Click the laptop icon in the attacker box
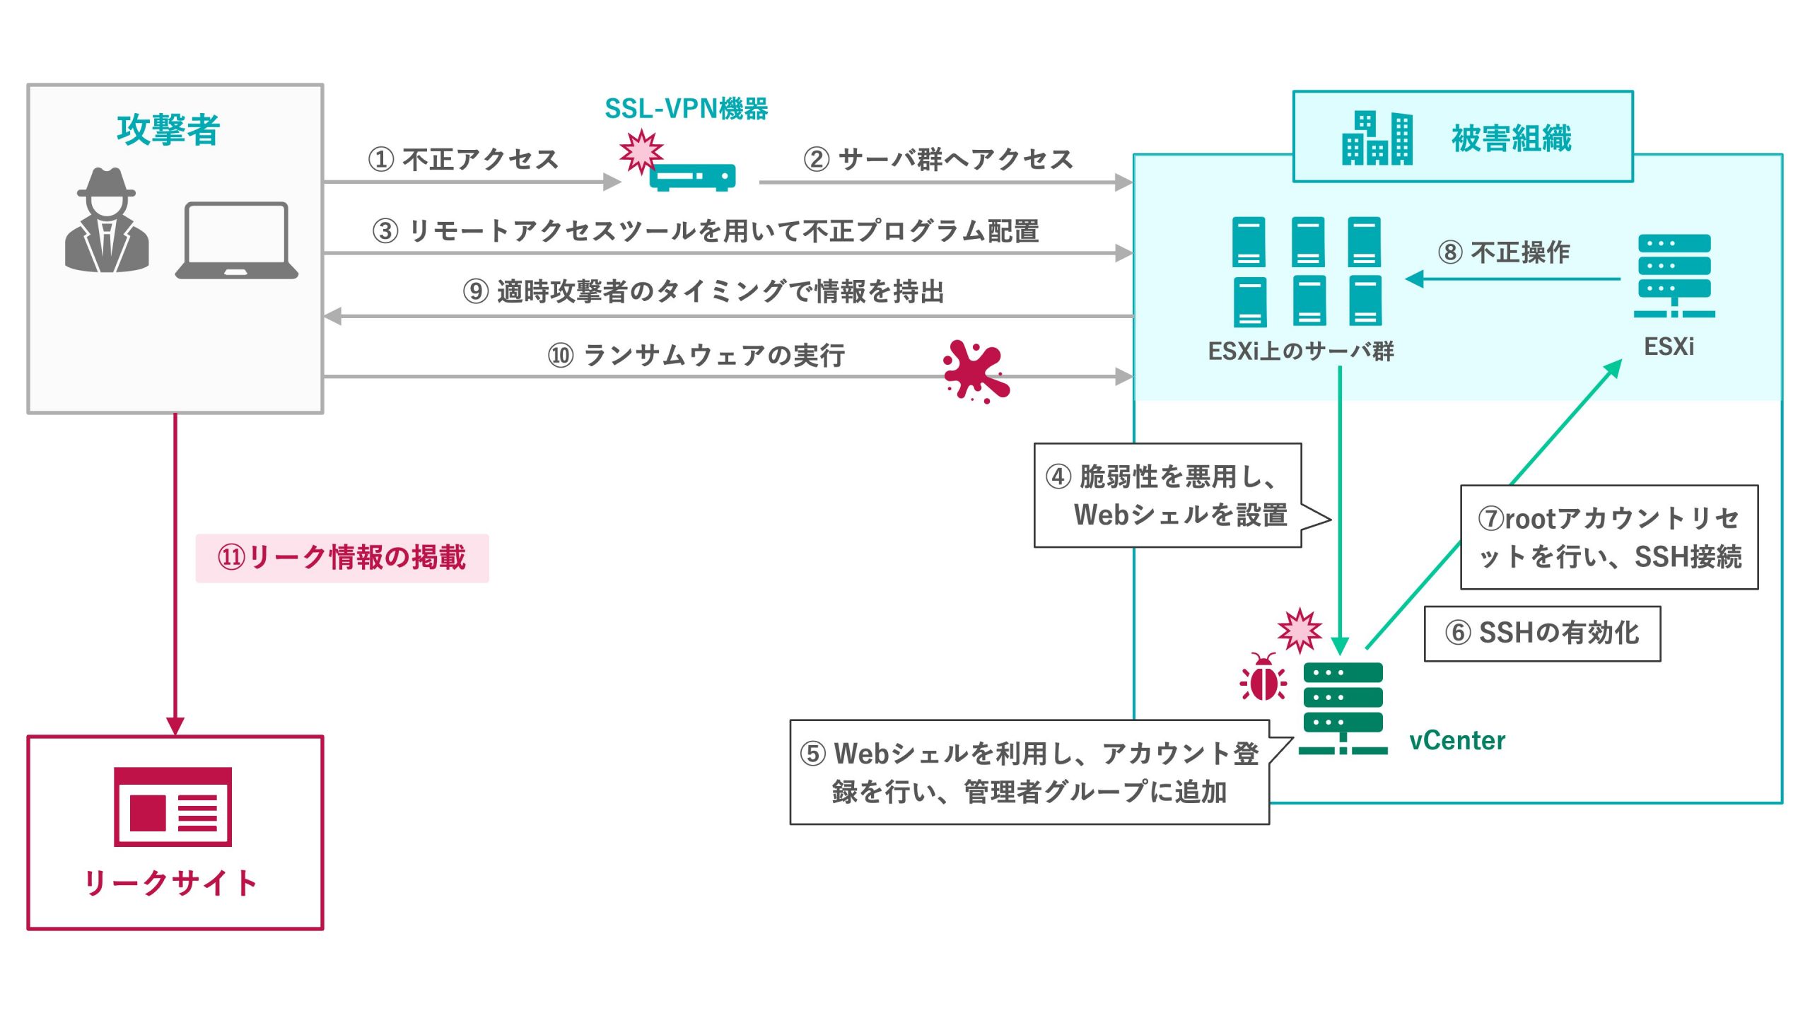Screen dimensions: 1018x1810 [236, 241]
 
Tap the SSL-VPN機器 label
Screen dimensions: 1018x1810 [686, 109]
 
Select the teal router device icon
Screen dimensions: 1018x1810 [692, 177]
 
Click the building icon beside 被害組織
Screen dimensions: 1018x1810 [1377, 139]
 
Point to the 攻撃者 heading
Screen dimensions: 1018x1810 [168, 130]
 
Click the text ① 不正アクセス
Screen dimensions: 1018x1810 [463, 159]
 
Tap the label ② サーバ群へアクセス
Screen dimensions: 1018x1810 [938, 159]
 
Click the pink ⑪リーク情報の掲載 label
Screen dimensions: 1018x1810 [342, 558]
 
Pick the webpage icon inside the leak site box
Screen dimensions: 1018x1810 [173, 807]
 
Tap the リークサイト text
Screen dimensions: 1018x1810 [171, 883]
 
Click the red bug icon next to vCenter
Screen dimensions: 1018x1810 [1263, 678]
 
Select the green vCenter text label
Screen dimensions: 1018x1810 [1457, 740]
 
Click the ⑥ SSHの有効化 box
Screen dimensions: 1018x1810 [1542, 633]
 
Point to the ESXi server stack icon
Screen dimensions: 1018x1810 [1674, 276]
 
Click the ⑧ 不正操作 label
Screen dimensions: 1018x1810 [1504, 252]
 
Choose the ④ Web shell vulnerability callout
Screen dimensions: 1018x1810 [1168, 496]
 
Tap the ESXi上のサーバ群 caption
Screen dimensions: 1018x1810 [1301, 351]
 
